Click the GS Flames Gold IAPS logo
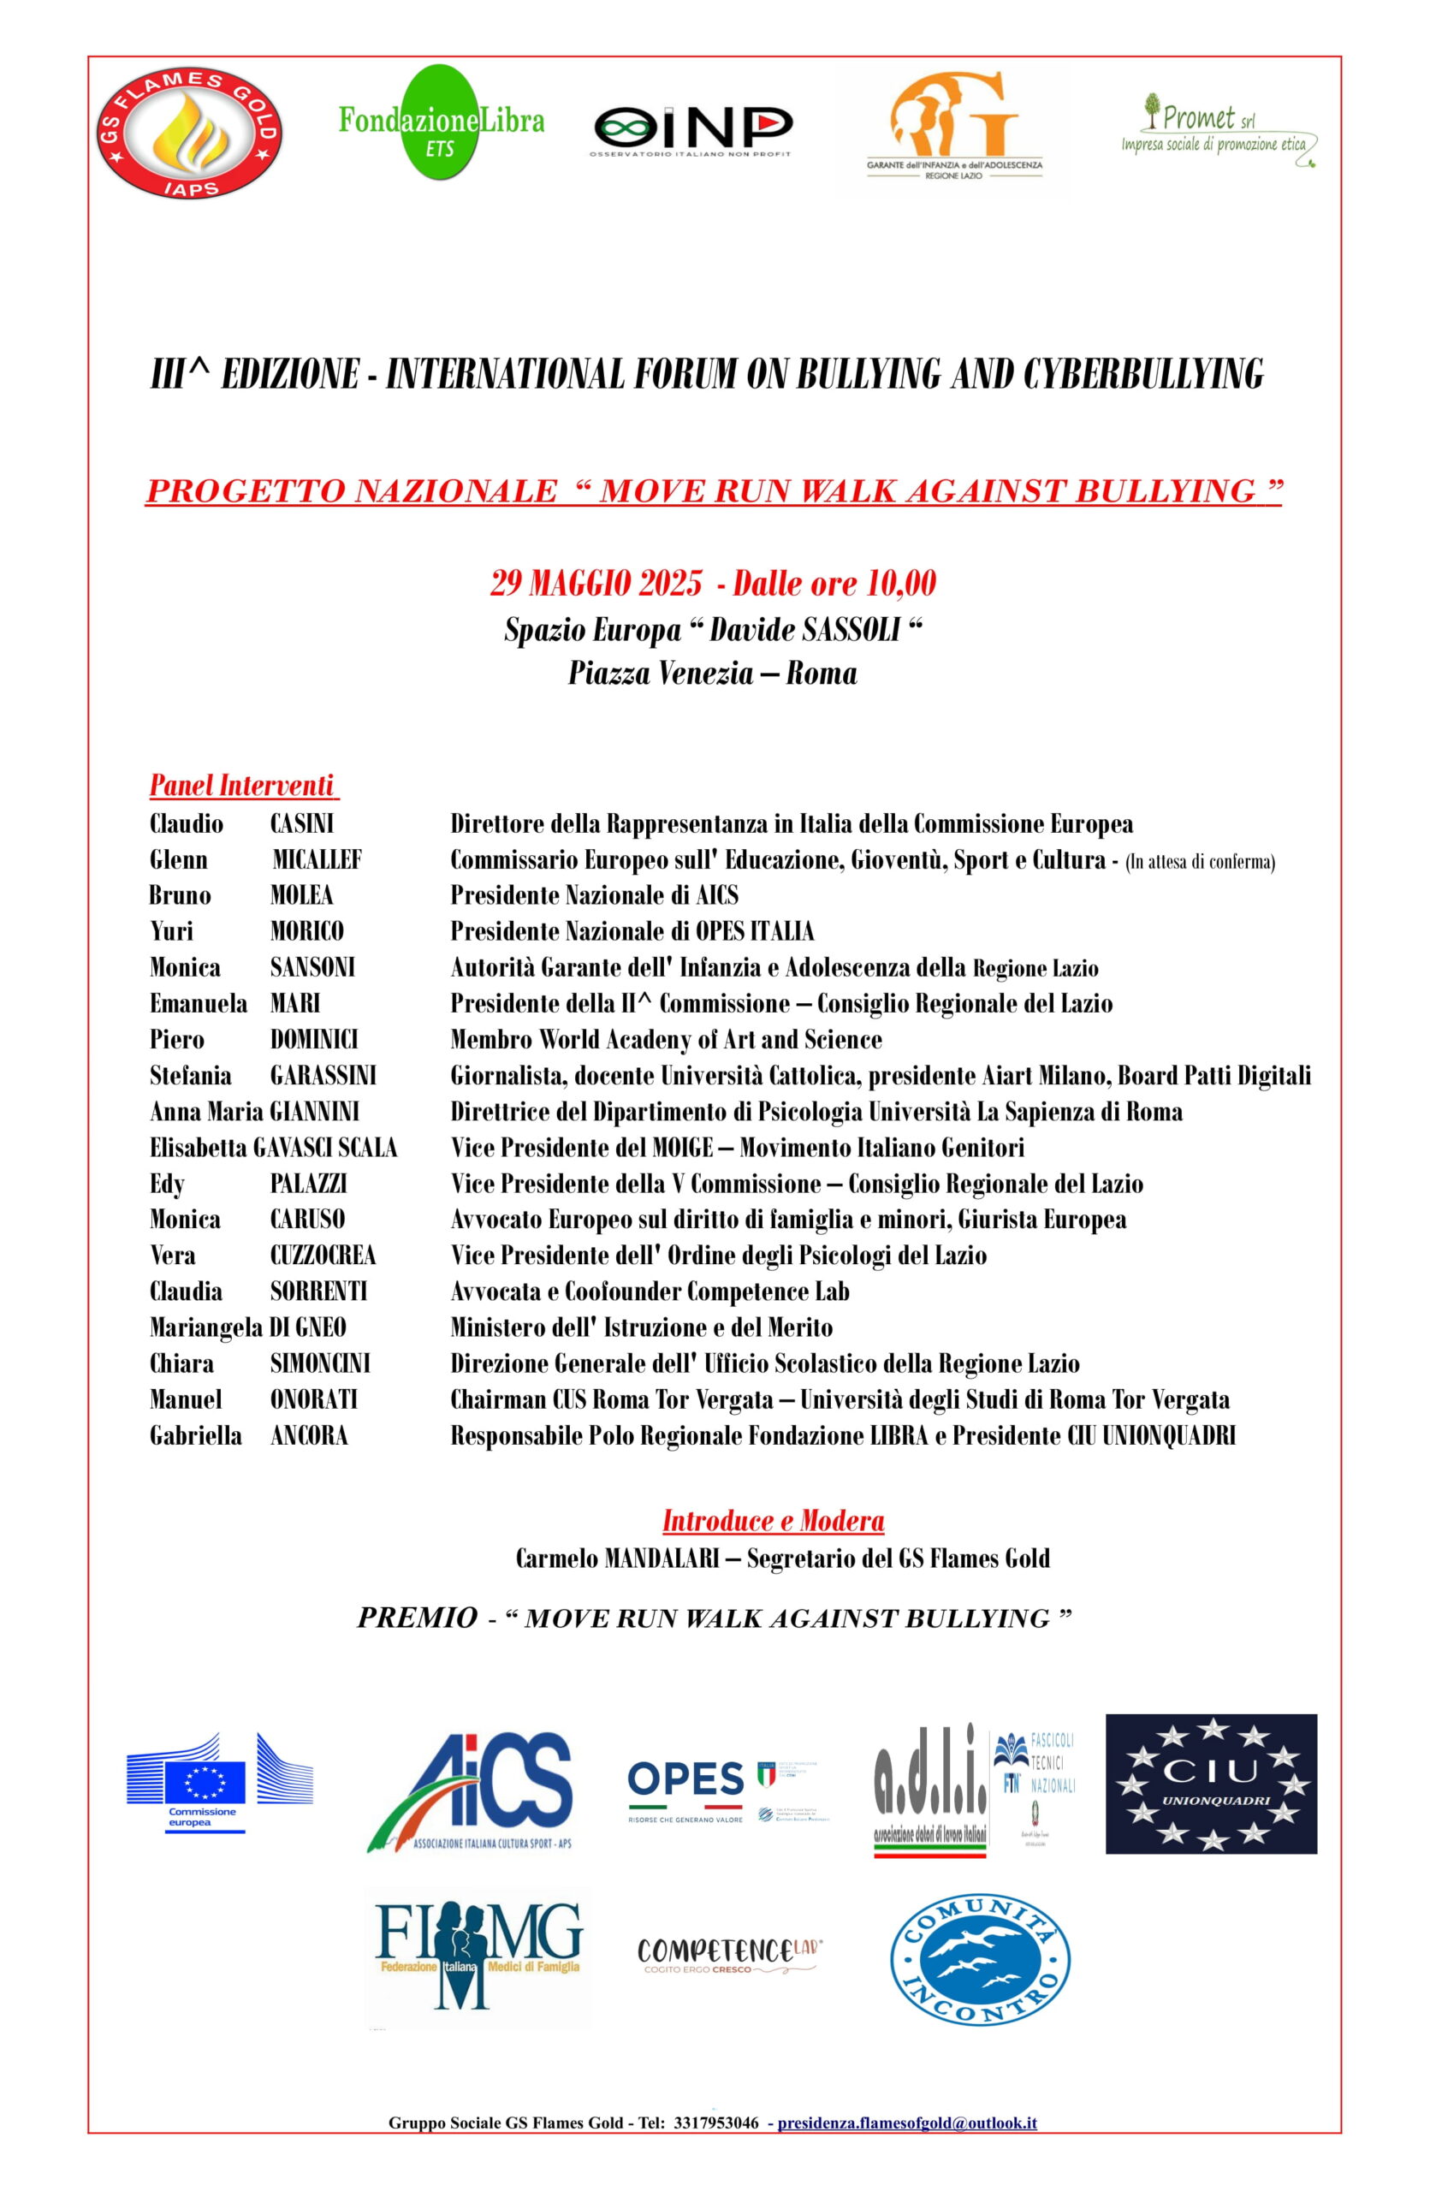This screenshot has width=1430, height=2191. coord(190,133)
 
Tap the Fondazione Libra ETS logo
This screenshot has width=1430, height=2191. coord(441,121)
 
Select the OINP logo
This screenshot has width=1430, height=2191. coord(691,129)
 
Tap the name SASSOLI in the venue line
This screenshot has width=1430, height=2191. coord(851,630)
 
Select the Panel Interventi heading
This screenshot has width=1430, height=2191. coord(242,786)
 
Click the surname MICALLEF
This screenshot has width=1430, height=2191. coord(317,859)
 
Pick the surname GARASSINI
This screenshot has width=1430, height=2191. coord(323,1075)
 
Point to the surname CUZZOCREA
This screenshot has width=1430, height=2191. coord(323,1255)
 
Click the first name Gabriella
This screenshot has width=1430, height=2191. coord(196,1435)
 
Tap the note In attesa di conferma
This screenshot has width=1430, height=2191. coord(1199,862)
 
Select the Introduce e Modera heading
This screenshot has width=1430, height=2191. coord(773,1520)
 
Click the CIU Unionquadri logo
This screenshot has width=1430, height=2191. coord(1210,1783)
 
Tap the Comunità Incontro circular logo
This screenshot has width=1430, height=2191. coord(979,1956)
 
